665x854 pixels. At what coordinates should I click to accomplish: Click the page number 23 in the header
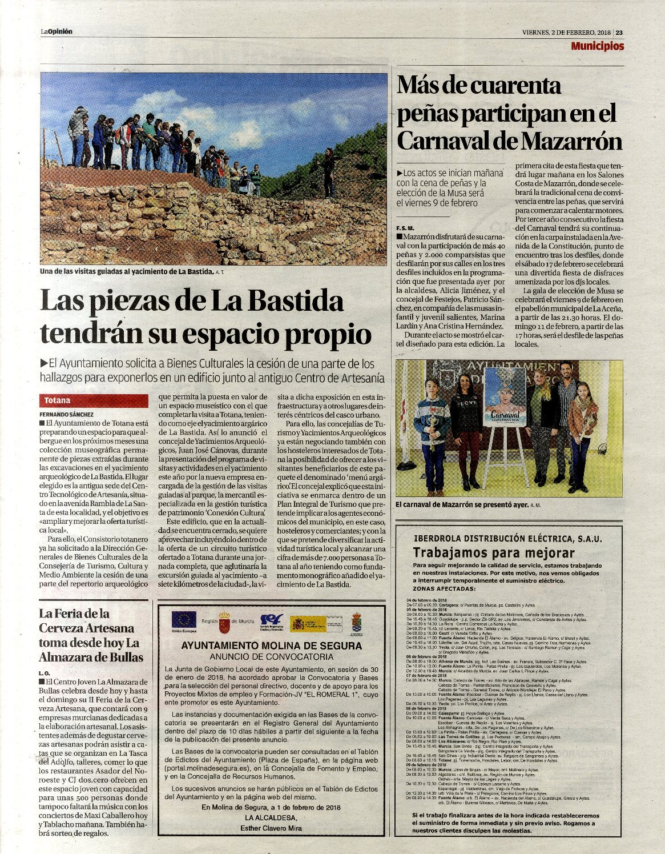coord(619,32)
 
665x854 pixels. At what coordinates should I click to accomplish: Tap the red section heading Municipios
coord(597,46)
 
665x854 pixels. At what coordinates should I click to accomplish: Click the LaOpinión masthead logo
coord(56,32)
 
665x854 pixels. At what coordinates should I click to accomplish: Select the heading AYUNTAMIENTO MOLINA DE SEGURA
coord(271,646)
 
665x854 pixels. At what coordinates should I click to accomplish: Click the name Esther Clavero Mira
coord(271,827)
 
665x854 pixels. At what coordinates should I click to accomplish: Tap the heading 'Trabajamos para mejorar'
coord(493,552)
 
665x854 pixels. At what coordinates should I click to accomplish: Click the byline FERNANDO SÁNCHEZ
coord(67,414)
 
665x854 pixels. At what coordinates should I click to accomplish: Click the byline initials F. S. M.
coord(406,227)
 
